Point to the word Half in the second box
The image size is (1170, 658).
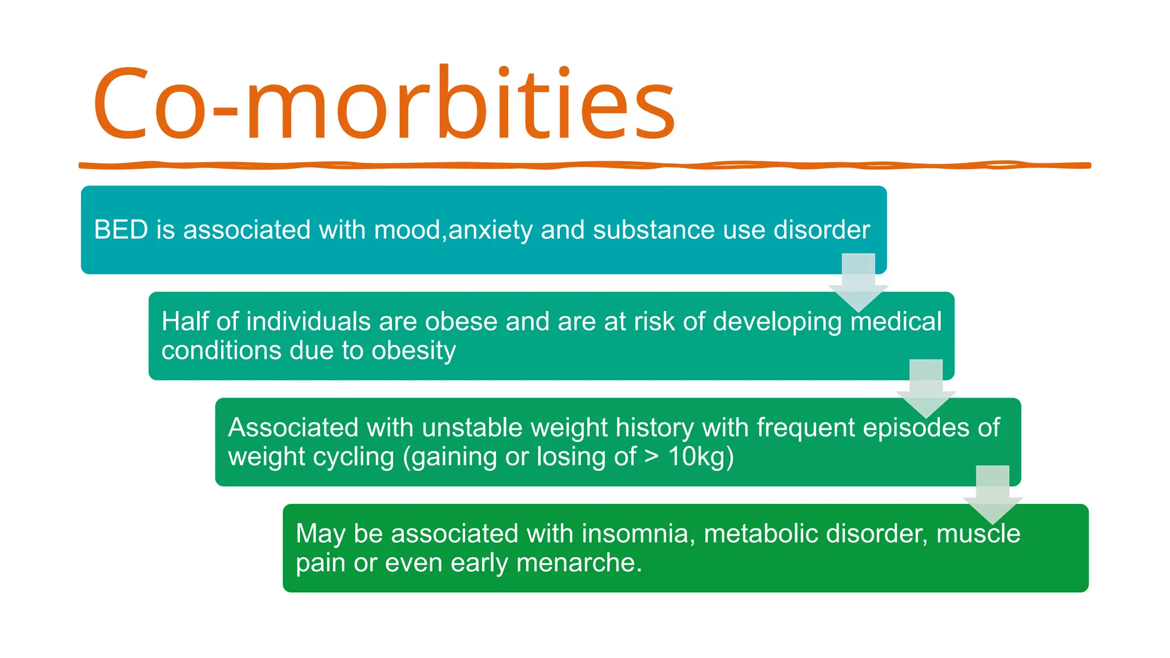pyautogui.click(x=186, y=321)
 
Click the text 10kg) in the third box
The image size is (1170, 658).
pyautogui.click(x=701, y=456)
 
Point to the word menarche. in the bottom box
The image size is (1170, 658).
pyautogui.click(x=579, y=563)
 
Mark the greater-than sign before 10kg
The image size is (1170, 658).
pyautogui.click(x=651, y=456)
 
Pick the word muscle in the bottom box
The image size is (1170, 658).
pyautogui.click(x=978, y=533)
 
